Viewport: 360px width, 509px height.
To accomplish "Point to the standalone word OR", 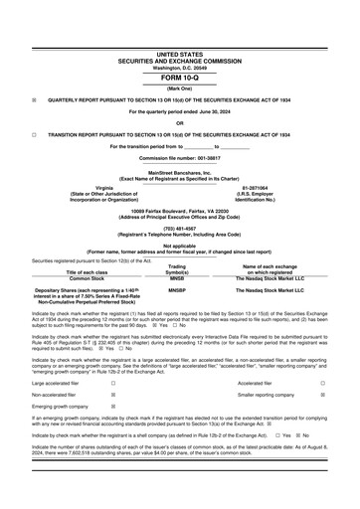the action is (179, 122).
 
